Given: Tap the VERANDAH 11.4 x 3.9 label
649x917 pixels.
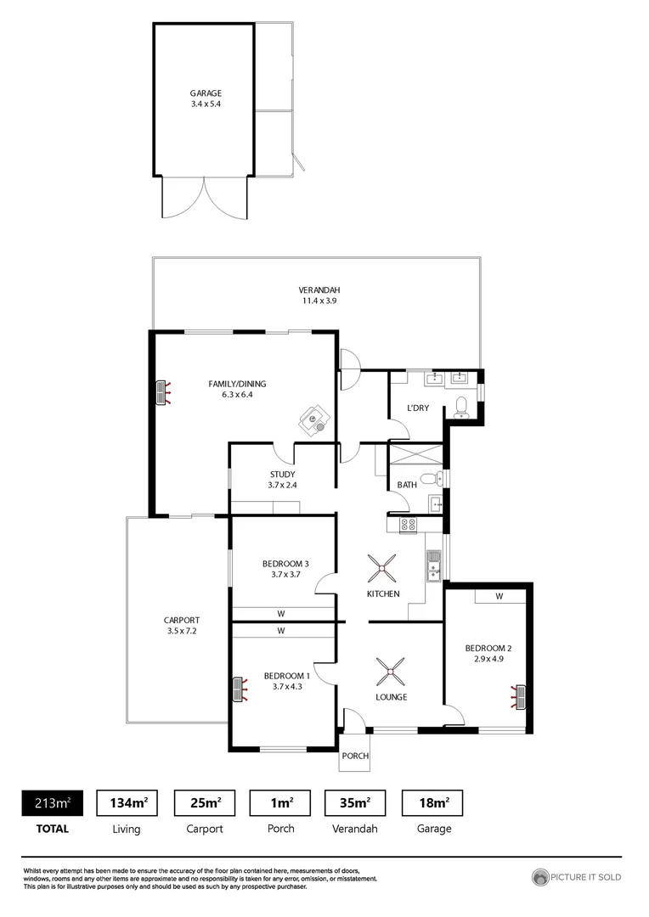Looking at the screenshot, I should click(319, 295).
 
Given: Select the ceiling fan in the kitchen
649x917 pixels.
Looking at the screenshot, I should click(381, 566).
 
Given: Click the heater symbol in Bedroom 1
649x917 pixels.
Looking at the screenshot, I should click(239, 689).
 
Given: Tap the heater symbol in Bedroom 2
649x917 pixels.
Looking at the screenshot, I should click(518, 696).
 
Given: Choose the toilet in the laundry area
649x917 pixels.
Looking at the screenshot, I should click(461, 408).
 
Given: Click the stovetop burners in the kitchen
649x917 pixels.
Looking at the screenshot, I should click(406, 526).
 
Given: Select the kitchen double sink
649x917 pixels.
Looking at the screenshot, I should click(433, 565).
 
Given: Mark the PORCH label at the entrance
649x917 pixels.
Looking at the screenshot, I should click(355, 756).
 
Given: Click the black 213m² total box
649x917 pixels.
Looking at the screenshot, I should click(52, 802).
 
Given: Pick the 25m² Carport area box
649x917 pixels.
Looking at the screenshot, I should click(205, 802).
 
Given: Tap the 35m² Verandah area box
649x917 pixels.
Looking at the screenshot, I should click(355, 802).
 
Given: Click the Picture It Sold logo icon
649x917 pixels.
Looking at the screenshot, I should click(540, 877).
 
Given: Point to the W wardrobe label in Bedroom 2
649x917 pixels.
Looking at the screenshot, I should click(499, 596).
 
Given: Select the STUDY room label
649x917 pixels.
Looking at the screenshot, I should click(282, 475).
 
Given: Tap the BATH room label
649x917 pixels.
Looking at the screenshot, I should click(406, 486).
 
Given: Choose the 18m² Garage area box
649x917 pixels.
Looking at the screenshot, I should click(432, 802).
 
